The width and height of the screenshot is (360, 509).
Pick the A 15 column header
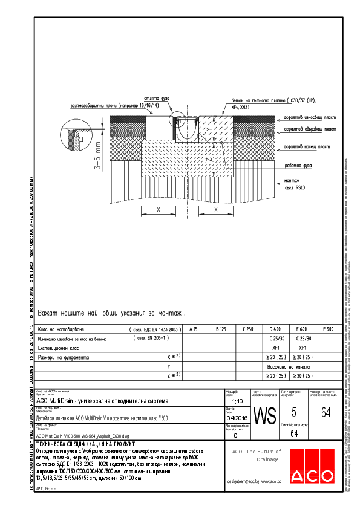[x=194, y=329]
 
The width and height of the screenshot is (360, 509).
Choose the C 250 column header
[x=247, y=329]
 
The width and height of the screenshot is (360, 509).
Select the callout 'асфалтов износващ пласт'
[x=309, y=117]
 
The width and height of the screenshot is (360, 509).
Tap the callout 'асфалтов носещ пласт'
[x=307, y=146]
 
